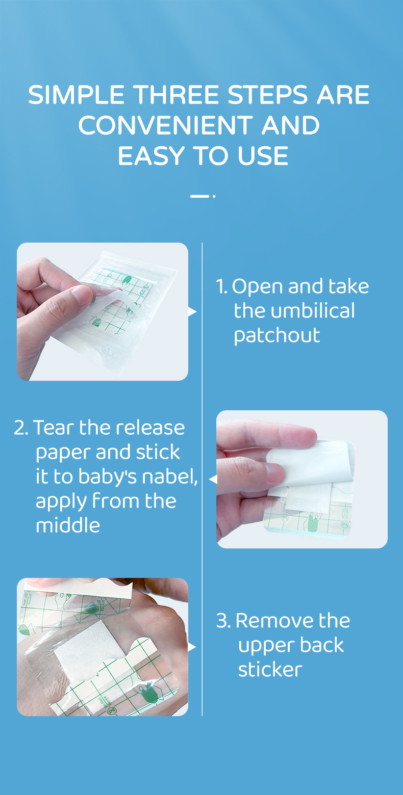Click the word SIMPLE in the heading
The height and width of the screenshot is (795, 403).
[x=76, y=95]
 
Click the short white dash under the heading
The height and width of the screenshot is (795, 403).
[x=199, y=196]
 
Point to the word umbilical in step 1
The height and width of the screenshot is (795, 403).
[x=294, y=311]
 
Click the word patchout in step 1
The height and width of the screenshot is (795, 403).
[x=277, y=335]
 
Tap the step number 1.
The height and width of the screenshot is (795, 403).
[x=221, y=286]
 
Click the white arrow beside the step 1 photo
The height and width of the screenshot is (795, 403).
[x=192, y=311]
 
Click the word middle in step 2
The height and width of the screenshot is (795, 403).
[x=67, y=525]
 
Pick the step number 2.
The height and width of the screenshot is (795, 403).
[x=21, y=428]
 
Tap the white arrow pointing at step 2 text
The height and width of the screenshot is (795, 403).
[x=213, y=480]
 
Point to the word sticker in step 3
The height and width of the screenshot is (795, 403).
[x=270, y=670]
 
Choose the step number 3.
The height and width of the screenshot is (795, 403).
[x=223, y=621]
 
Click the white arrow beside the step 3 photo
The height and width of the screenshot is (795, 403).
[x=192, y=647]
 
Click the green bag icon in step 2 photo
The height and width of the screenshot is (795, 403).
[x=312, y=522]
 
